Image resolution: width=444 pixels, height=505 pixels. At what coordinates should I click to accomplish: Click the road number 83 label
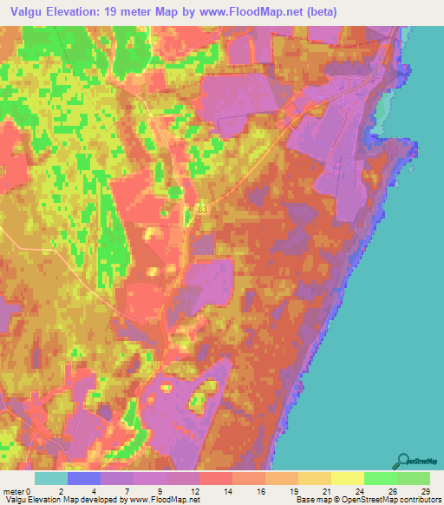(202, 209)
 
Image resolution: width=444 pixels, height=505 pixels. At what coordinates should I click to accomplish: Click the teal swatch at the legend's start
(51, 478)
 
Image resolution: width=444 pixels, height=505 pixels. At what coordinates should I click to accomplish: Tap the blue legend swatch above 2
(84, 478)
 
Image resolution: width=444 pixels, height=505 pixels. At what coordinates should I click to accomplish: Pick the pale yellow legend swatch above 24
(348, 478)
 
